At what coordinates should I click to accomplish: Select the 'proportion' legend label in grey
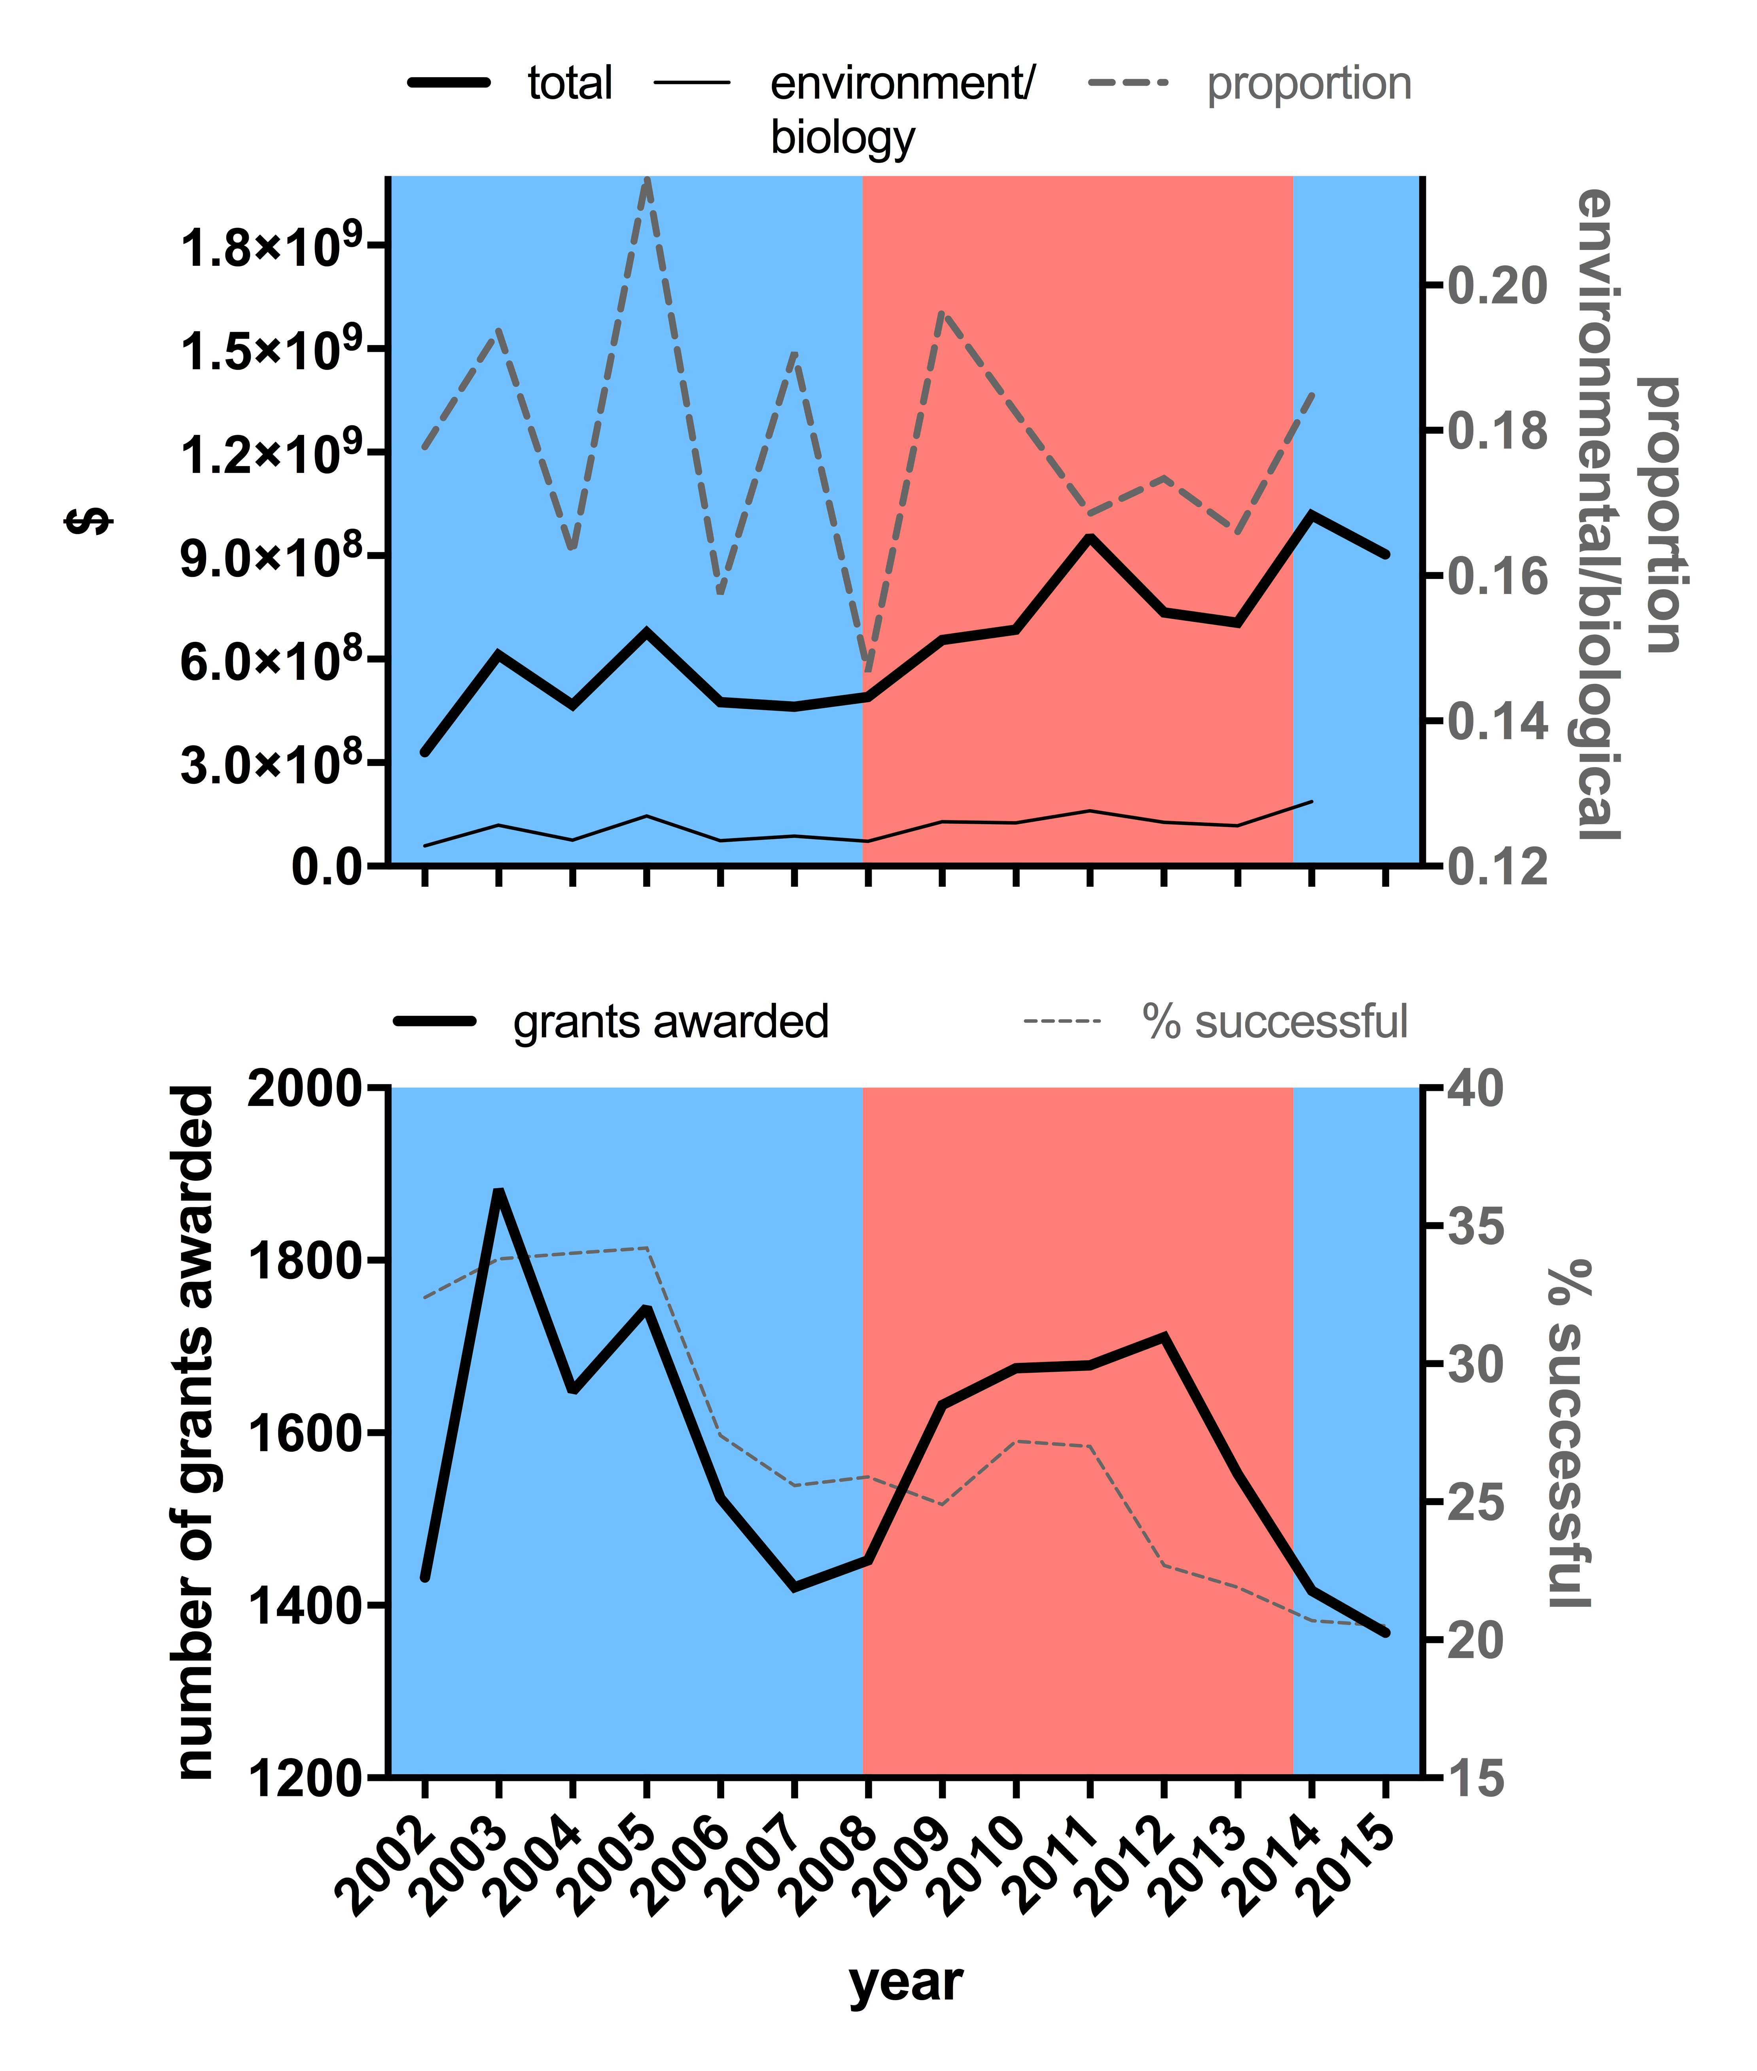click(1308, 83)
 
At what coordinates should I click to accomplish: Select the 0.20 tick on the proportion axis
click(1497, 286)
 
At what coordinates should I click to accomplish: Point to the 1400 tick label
click(304, 1606)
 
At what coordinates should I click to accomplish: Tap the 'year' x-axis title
click(905, 1982)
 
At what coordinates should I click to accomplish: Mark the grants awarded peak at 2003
click(499, 1191)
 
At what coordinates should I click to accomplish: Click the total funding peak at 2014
click(1312, 514)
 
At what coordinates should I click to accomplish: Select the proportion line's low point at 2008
click(867, 666)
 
